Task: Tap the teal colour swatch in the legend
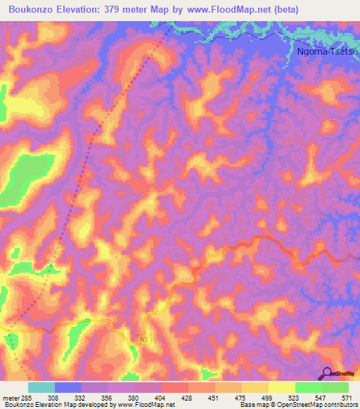41,387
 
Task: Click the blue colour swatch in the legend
68,387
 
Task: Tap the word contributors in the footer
340,404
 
